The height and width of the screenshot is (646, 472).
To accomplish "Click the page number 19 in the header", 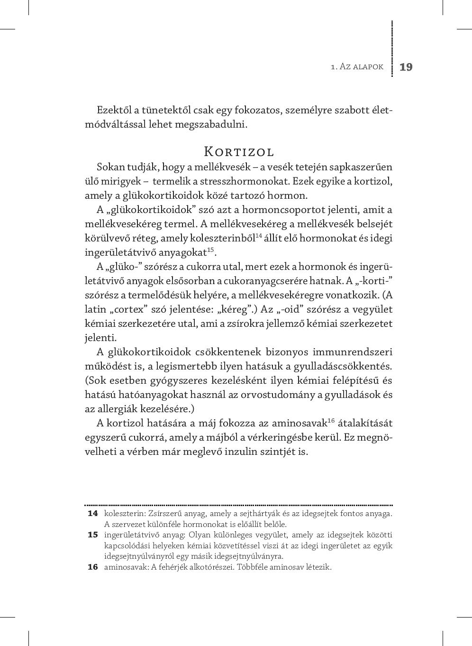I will coord(406,67).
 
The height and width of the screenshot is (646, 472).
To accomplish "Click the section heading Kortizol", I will coord(239,152).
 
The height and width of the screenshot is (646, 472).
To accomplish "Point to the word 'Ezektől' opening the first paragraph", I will coord(114,111).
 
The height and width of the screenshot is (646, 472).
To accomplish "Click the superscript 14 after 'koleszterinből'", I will coord(259,236).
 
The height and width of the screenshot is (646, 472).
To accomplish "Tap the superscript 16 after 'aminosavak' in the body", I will coord(331,420).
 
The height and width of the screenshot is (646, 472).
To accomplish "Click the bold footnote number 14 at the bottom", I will coord(92,514).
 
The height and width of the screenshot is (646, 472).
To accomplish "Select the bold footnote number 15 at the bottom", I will coord(92,535).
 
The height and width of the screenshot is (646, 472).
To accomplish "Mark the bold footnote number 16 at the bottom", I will coord(92,567).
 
